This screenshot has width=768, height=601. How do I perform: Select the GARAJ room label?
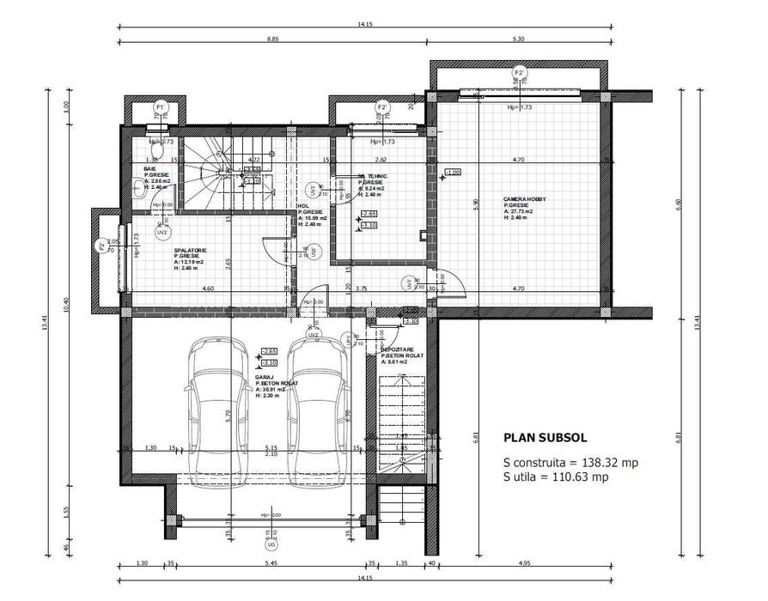click(264, 377)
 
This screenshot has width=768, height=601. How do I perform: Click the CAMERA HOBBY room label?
click(524, 199)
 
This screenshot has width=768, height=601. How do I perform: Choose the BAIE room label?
click(149, 168)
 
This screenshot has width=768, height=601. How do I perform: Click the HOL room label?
click(302, 206)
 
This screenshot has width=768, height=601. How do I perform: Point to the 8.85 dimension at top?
click(272, 39)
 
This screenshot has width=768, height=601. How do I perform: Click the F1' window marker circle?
click(160, 107)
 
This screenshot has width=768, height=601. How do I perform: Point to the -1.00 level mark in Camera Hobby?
click(453, 172)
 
